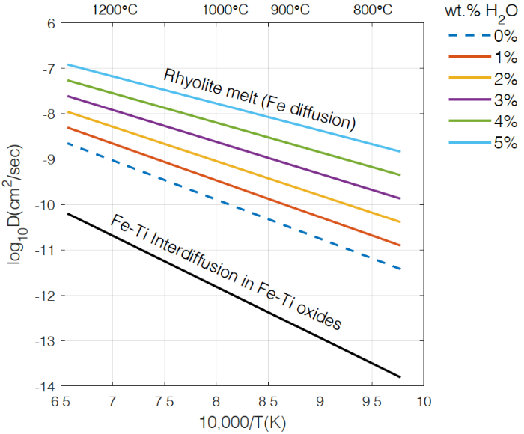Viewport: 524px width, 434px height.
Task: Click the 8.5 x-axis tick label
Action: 268,401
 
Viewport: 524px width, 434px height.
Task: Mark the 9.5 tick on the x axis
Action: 371,401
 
